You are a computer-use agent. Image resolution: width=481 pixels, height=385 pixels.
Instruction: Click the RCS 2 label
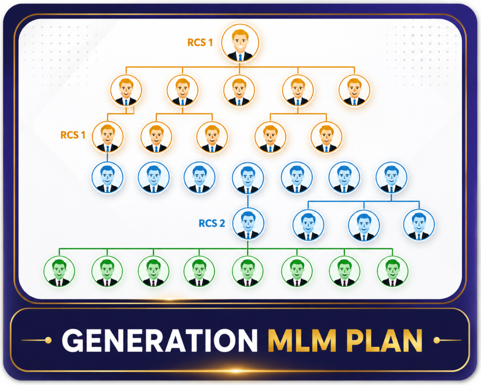coord(212,223)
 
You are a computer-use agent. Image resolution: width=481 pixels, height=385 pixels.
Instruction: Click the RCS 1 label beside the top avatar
coord(200,42)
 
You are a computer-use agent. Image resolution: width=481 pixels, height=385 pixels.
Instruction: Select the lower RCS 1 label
coord(73,135)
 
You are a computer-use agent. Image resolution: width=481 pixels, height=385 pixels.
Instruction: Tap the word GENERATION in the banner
coord(160,340)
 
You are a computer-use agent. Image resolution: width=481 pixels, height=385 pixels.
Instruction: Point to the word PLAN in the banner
coord(384,340)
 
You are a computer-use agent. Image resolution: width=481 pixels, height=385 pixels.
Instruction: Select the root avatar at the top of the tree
coord(240,43)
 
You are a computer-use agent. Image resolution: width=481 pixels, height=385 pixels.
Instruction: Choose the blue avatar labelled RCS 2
coord(248,223)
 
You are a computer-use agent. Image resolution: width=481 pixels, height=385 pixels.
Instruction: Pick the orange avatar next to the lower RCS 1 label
coord(108,137)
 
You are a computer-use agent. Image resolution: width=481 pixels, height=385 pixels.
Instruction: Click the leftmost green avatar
coord(59,271)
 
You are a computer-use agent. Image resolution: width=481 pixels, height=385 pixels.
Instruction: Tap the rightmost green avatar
coord(392,271)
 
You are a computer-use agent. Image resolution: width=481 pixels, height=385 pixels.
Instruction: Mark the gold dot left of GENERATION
coord(48,340)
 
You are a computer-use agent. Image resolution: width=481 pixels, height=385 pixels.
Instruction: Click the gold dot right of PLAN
coord(437,340)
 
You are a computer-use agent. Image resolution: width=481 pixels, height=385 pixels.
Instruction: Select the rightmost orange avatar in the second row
coord(354,90)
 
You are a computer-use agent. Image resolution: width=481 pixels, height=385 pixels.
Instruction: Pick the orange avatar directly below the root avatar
coord(239,90)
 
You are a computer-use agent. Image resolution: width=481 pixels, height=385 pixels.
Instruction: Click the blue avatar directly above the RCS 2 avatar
coord(248,178)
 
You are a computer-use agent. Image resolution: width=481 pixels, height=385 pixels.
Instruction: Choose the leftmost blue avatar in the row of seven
coord(108,177)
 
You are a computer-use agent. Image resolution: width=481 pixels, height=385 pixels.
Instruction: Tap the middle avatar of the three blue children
coord(364,225)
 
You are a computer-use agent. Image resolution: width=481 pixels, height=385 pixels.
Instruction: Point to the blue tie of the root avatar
coord(240,57)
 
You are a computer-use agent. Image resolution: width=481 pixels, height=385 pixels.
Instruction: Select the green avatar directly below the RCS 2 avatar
coord(248,271)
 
